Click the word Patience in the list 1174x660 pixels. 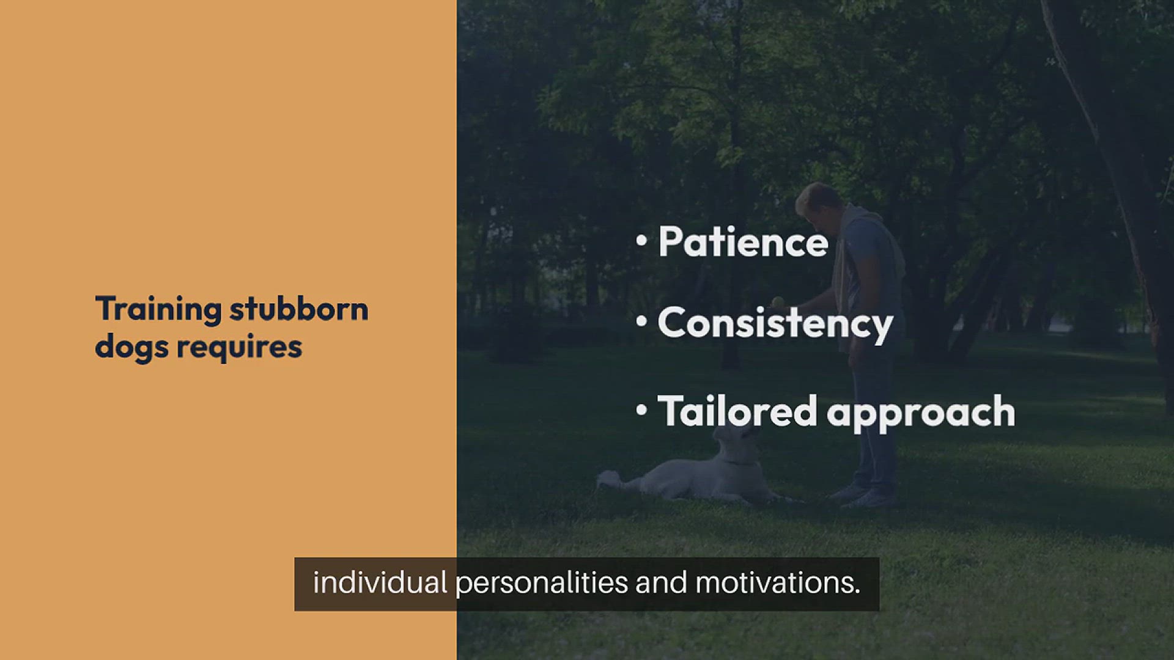tap(743, 242)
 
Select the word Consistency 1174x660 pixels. tap(775, 323)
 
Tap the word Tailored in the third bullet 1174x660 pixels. tap(737, 411)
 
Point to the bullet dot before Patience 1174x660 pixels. tap(641, 240)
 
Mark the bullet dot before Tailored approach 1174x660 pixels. tap(641, 409)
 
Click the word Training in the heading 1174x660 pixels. tap(158, 309)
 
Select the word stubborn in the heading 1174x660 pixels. tap(299, 309)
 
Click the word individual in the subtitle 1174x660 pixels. tap(380, 582)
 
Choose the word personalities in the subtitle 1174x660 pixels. tap(542, 582)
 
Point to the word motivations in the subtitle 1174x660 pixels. tap(777, 582)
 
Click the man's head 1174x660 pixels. tap(818, 202)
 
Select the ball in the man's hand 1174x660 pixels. tap(778, 301)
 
